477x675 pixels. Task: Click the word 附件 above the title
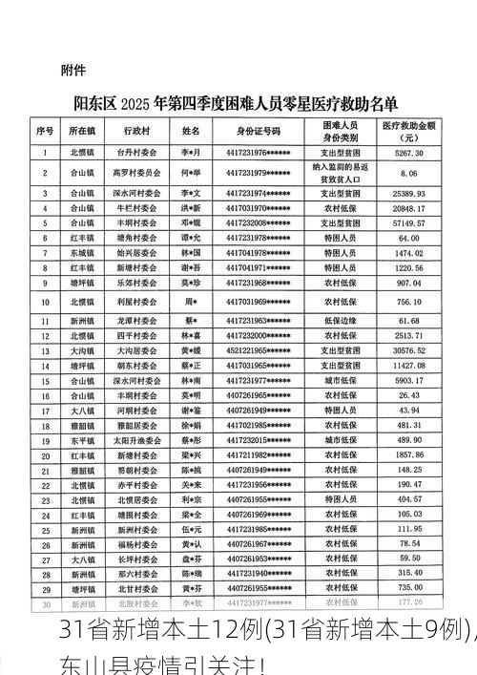coord(73,70)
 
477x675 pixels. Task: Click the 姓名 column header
coord(191,130)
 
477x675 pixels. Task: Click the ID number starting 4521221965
coord(259,350)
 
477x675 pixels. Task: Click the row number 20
coord(45,456)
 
